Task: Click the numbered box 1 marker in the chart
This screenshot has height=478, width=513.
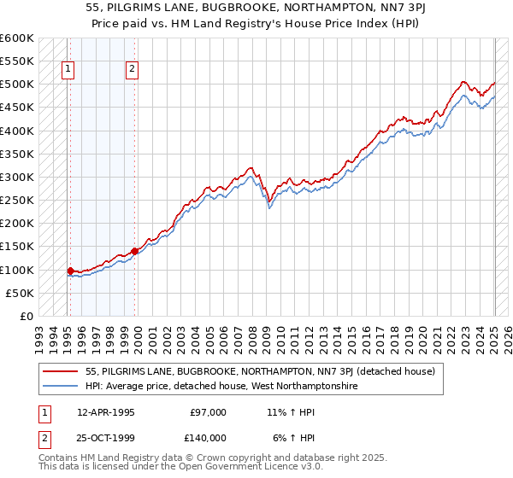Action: point(68,71)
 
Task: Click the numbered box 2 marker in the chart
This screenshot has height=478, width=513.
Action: point(133,71)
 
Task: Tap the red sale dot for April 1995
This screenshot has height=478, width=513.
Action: point(70,271)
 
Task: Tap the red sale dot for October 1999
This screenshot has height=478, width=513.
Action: point(135,252)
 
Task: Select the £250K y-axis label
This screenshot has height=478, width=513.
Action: point(17,201)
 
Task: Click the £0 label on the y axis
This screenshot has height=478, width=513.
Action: point(25,317)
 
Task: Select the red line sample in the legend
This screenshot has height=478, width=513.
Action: point(60,371)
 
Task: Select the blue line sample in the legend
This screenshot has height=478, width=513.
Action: point(60,386)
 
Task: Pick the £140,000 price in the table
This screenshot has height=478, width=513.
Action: point(208,438)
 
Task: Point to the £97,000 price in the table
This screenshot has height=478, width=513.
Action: point(208,412)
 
